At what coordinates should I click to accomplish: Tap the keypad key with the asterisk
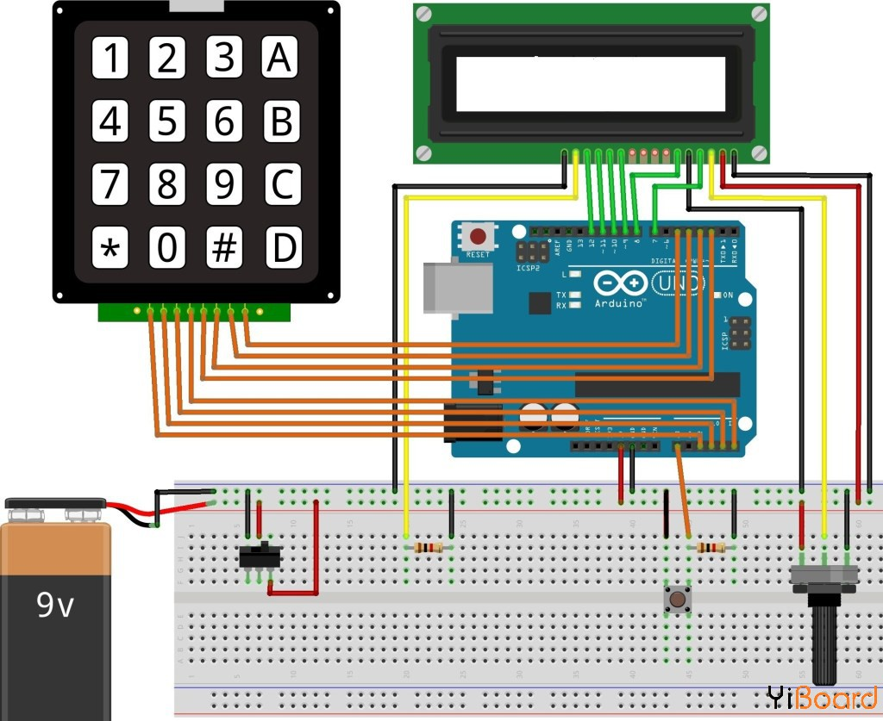(x=110, y=249)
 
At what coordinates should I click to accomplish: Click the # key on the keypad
(x=224, y=249)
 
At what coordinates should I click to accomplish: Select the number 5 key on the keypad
(x=167, y=121)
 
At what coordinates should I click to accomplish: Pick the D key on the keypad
(x=281, y=249)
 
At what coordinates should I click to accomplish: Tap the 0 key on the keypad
(x=167, y=249)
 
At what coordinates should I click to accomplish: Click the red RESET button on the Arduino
(x=477, y=235)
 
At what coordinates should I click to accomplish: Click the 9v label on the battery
(x=54, y=606)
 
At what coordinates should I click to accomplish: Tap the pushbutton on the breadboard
(x=678, y=598)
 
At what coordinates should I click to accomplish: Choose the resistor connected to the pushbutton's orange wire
(x=711, y=548)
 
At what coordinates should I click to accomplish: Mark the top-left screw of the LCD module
(x=423, y=14)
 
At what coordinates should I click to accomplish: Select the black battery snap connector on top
(x=56, y=507)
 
